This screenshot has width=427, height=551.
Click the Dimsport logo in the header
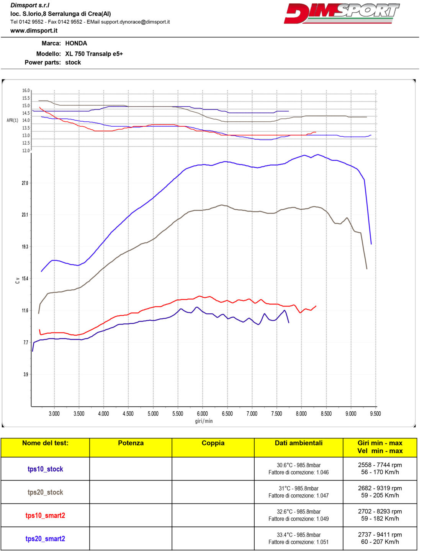click(342, 13)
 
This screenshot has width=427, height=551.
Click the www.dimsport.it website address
click(34, 31)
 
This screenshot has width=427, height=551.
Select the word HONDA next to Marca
click(76, 44)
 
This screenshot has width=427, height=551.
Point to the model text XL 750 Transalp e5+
click(94, 54)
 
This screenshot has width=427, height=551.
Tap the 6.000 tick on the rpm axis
click(202, 414)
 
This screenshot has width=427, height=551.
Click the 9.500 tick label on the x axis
click(375, 414)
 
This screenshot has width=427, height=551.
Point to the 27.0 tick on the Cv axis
click(25, 183)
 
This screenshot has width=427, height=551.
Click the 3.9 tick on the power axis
click(25, 374)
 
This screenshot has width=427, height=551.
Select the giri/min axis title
click(204, 421)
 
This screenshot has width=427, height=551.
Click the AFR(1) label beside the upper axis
click(12, 121)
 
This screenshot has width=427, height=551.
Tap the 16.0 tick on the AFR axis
click(26, 91)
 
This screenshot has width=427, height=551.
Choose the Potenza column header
click(131, 443)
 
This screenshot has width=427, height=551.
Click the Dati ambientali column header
click(298, 443)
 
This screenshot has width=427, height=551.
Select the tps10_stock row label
click(45, 469)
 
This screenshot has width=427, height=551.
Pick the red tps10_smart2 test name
click(45, 515)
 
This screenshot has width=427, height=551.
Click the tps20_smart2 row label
click(45, 539)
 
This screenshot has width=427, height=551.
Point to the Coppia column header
click(213, 443)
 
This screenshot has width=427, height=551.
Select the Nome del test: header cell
click(45, 443)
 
